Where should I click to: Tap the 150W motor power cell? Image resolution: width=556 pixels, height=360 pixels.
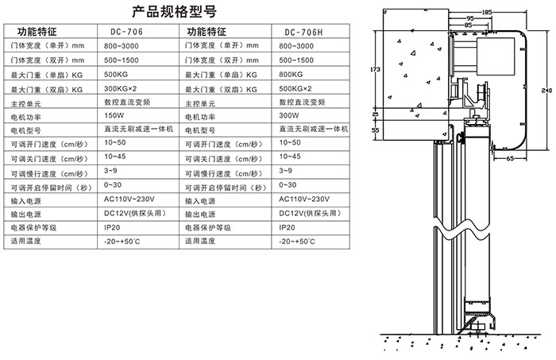(x=115, y=115)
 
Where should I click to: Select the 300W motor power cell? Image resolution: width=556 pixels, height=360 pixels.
(x=290, y=115)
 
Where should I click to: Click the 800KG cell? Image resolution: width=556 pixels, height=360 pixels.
(x=292, y=74)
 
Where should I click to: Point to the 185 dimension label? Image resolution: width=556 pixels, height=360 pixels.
(x=486, y=11)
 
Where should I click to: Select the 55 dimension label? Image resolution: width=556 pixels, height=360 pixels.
(x=376, y=129)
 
